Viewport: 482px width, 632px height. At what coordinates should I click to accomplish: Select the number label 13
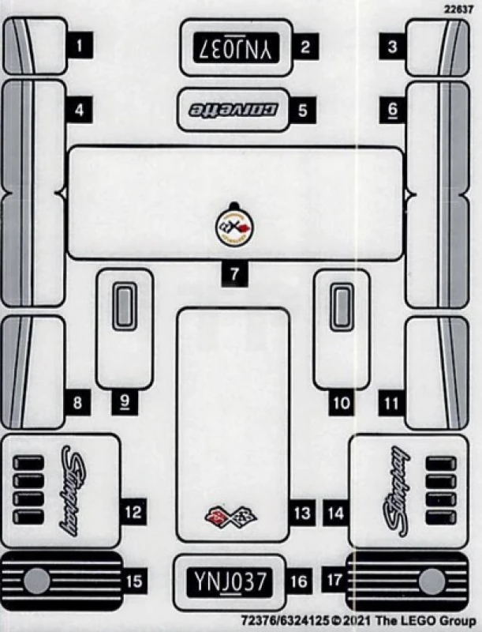pyautogui.click(x=302, y=513)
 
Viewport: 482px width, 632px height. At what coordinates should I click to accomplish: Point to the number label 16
pyautogui.click(x=298, y=582)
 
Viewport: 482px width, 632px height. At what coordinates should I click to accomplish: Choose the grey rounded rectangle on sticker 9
pyautogui.click(x=125, y=307)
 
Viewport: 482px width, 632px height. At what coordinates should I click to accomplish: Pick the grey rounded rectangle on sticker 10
pyautogui.click(x=341, y=307)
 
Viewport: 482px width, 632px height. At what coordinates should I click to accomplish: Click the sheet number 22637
pyautogui.click(x=461, y=9)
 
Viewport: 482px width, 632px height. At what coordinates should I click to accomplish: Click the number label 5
pyautogui.click(x=302, y=110)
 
